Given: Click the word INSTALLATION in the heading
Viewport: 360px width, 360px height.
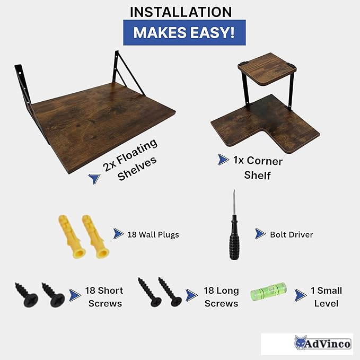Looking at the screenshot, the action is click(181, 12).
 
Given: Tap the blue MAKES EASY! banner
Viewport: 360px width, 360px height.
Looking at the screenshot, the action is click(185, 32).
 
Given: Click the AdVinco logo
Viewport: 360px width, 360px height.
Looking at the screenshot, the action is click(322, 343).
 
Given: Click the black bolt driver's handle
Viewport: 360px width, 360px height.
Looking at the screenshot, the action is click(234, 238).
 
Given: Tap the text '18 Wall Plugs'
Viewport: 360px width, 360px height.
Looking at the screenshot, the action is click(153, 235).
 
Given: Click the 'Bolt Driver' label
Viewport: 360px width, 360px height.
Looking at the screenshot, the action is click(292, 234).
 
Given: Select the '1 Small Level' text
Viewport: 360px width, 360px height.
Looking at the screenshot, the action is click(326, 297).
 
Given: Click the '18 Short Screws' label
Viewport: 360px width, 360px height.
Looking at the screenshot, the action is click(104, 297).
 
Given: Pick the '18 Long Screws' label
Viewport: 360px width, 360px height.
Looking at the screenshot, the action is click(221, 297).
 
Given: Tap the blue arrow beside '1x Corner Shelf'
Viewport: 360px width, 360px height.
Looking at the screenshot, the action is click(223, 160).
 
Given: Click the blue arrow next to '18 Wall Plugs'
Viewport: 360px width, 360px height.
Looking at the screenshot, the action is click(118, 234).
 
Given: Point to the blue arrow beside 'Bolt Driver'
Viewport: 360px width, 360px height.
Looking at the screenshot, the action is click(260, 234).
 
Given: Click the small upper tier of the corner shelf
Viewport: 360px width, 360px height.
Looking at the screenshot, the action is click(267, 69).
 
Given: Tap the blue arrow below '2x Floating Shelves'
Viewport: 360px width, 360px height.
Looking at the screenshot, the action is click(94, 178).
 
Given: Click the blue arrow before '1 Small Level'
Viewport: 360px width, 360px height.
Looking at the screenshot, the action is click(300, 295).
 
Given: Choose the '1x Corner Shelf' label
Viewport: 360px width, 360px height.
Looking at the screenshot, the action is click(258, 168).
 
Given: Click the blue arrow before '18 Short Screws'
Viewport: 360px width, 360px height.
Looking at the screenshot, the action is click(75, 295).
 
